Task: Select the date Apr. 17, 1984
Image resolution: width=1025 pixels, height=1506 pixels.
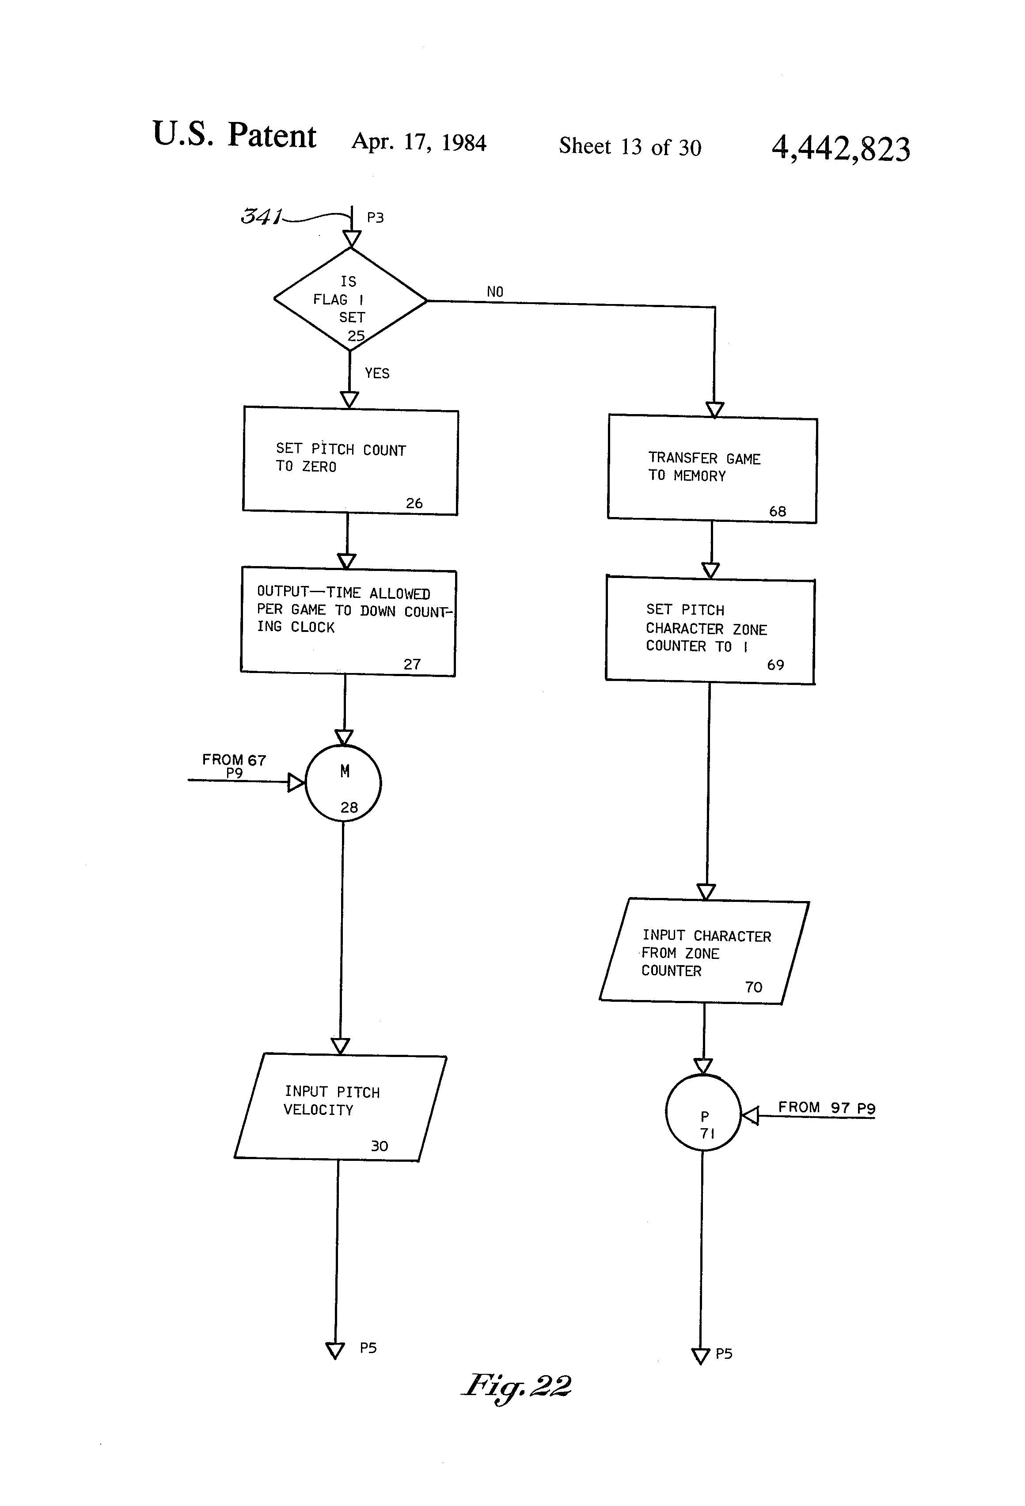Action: coord(418,142)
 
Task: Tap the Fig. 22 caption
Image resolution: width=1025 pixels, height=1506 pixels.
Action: coord(516,1387)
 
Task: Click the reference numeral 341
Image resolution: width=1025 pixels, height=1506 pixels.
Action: coord(261,216)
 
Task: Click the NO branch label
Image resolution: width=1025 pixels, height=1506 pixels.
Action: coord(495,292)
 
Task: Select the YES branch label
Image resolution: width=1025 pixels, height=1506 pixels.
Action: coord(377,373)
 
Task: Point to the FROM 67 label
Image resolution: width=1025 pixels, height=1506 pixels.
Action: coord(234,760)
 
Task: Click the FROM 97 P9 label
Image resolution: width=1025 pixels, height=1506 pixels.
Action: coord(827,1107)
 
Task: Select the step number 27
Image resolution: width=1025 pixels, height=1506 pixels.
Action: coord(412,664)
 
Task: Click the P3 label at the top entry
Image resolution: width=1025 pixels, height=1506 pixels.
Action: coord(375,218)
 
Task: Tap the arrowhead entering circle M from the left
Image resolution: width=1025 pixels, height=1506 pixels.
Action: coord(296,783)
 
